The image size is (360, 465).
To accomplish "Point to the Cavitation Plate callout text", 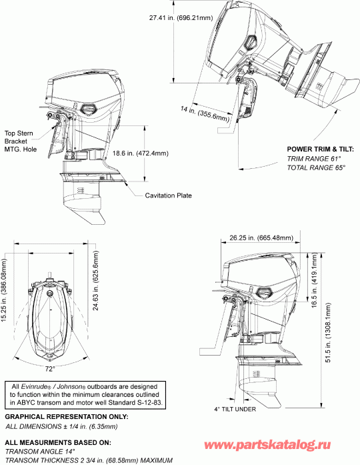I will point(169,195).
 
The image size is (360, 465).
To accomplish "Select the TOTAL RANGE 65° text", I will point(315,168).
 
